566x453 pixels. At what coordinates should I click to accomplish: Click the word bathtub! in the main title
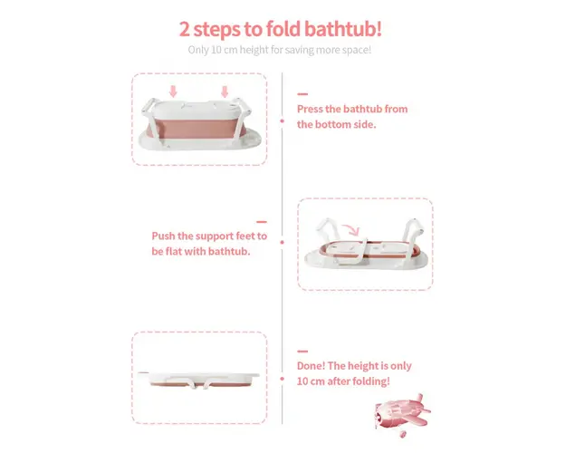[x=343, y=29]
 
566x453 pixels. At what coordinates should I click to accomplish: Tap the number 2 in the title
[x=184, y=29]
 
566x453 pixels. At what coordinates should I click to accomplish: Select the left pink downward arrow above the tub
[x=173, y=92]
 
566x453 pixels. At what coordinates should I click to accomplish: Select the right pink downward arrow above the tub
[x=225, y=92]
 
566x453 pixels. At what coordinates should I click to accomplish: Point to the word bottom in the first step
[x=333, y=124]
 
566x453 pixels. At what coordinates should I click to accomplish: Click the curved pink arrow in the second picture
[x=352, y=228]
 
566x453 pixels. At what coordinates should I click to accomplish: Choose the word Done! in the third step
[x=311, y=366]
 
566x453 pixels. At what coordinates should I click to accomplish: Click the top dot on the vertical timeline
[x=282, y=121]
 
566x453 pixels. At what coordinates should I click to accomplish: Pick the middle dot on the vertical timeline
[x=282, y=242]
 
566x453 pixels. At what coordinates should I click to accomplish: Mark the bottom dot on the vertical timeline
[x=282, y=379]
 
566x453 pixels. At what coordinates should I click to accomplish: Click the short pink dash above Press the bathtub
[x=302, y=94]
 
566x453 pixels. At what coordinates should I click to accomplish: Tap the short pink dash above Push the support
[x=262, y=222]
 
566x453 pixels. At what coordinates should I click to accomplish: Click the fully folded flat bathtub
[x=199, y=380]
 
